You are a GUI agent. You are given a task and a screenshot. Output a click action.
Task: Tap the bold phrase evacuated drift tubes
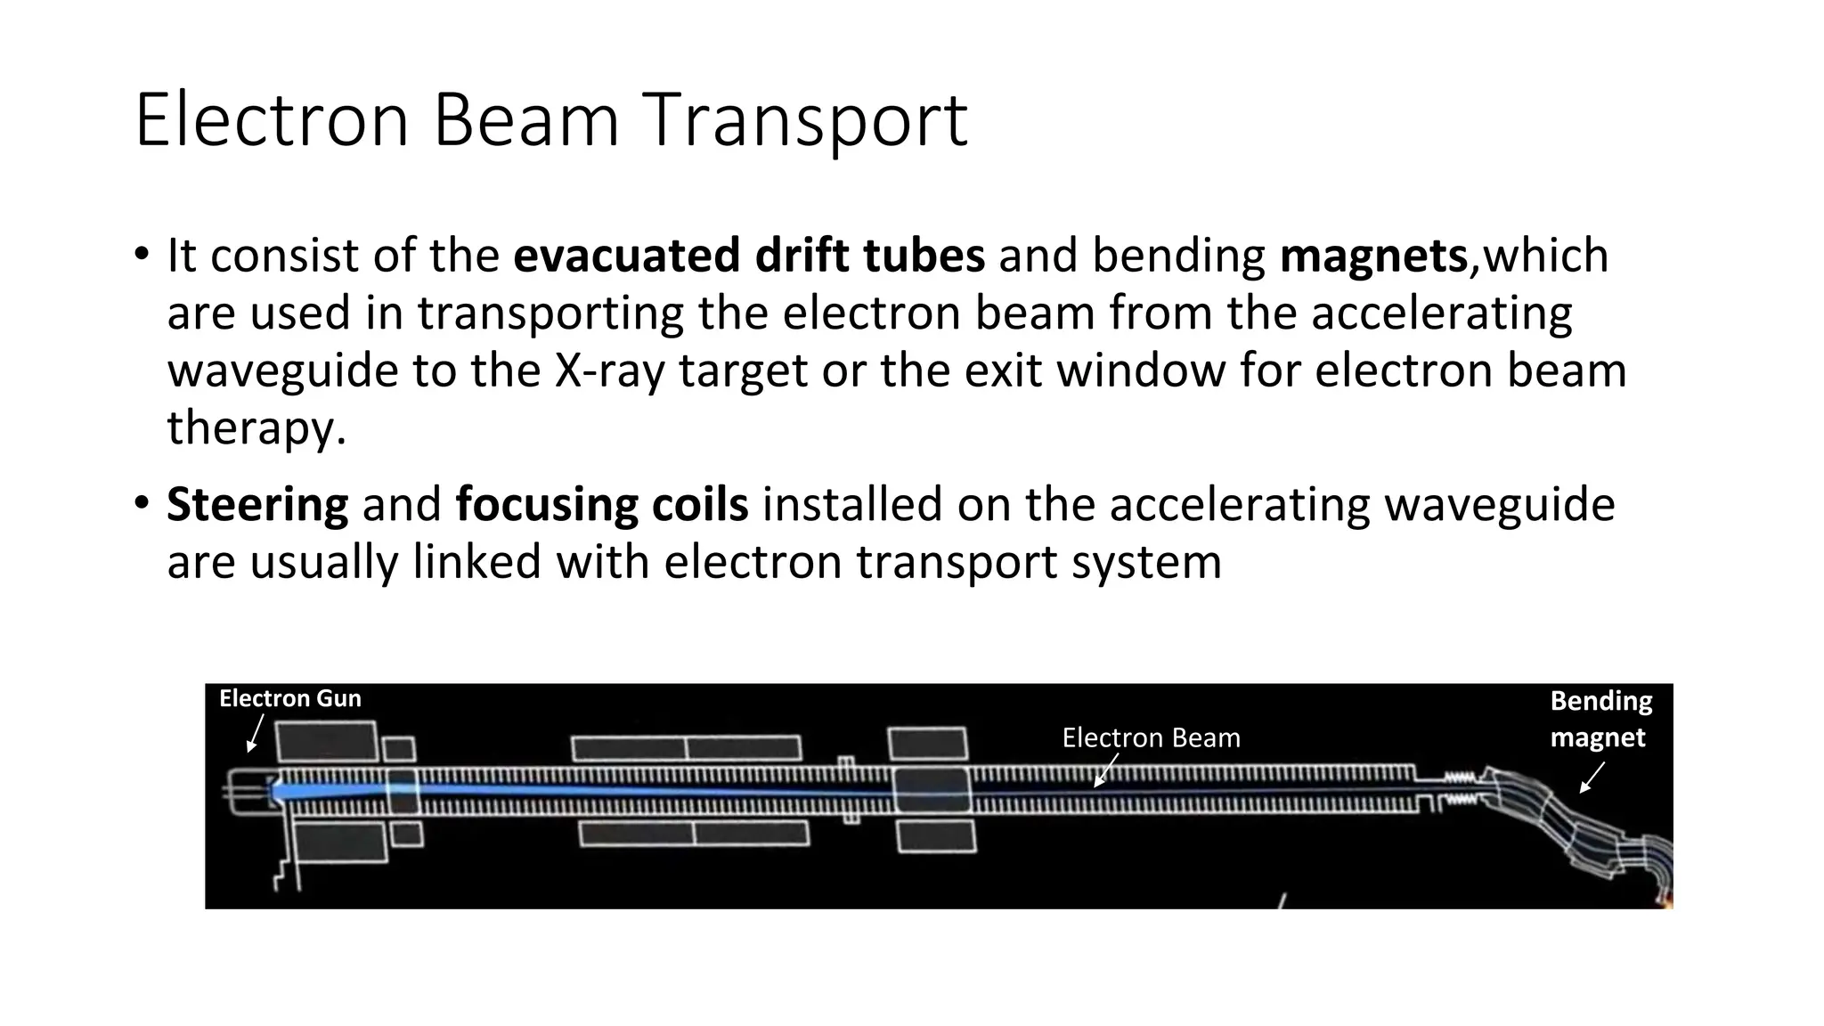pos(749,256)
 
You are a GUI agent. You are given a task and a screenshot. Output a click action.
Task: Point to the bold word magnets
pos(1373,256)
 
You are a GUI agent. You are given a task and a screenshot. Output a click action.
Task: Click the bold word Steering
pos(257,505)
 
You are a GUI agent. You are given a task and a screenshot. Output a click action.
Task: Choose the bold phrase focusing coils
pos(602,505)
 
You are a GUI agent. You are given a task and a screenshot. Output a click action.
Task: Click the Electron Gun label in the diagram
pos(290,698)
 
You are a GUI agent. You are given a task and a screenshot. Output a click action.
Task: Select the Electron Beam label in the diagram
pos(1151,737)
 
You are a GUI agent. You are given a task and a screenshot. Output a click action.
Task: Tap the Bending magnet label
pos(1600,719)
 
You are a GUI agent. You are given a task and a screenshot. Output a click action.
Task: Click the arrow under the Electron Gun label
pos(255,734)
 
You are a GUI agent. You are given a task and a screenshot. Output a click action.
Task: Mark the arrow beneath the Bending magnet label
pos(1592,778)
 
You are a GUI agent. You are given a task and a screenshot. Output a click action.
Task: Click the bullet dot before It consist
pos(142,254)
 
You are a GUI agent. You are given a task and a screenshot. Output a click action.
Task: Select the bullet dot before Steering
pos(142,503)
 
